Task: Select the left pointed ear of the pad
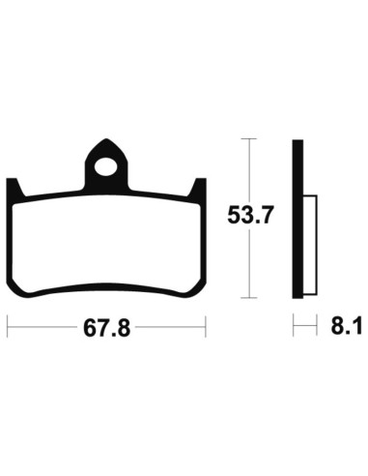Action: tap(15, 187)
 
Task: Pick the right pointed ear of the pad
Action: tap(200, 187)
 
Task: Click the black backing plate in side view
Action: tap(297, 220)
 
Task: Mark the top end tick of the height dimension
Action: tap(250, 140)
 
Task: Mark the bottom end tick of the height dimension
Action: tap(250, 298)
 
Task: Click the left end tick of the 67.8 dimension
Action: tap(9, 328)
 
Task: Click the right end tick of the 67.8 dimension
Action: tap(208, 328)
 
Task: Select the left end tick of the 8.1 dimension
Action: tap(293, 328)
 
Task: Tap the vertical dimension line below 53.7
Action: tap(250, 266)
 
